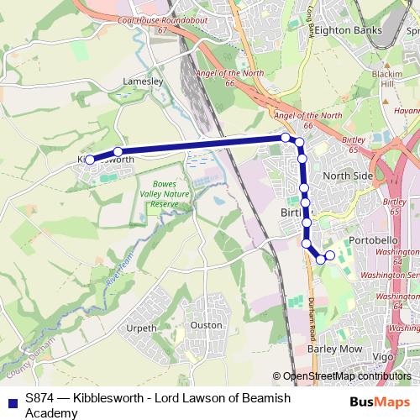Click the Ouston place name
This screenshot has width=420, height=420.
207,325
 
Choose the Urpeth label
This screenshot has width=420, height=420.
140,328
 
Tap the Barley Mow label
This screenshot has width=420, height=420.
334,348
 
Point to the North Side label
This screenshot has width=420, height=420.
347,176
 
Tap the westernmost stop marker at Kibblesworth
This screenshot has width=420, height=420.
90,158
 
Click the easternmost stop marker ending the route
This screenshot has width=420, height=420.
329,255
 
